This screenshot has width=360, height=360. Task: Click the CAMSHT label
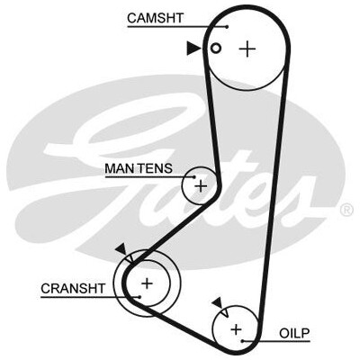[155, 18]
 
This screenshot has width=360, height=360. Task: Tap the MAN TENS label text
[139, 168]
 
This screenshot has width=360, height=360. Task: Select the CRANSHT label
[73, 289]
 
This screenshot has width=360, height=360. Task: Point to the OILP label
[294, 333]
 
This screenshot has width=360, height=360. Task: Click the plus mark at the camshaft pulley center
[247, 49]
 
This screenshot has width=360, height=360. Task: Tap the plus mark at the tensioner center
[201, 186]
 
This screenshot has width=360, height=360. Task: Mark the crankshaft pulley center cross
[147, 283]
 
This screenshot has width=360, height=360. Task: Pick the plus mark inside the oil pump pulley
[237, 329]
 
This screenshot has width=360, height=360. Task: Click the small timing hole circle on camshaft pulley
[216, 48]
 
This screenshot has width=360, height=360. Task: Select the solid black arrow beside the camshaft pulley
[193, 49]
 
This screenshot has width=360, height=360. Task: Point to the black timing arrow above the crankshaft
[121, 248]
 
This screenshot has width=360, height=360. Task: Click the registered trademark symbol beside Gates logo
[346, 210]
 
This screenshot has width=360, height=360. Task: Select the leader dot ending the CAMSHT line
[227, 27]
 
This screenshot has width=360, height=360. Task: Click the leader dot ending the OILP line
[242, 341]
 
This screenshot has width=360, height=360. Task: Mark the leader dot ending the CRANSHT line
[140, 297]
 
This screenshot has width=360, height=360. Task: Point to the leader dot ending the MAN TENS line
[194, 177]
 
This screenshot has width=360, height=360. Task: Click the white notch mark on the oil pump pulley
[225, 312]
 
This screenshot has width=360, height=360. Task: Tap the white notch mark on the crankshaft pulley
[130, 258]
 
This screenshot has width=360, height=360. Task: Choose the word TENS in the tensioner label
[155, 168]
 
